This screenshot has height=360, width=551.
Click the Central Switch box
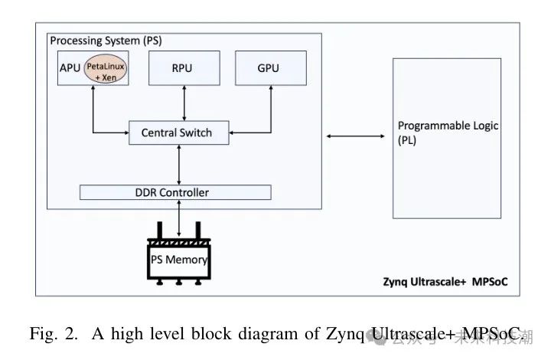pos(177,133)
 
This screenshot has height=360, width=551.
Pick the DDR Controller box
pos(175,191)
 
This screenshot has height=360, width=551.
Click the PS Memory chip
pos(178,258)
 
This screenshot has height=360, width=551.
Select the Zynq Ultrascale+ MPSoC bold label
pos(445,281)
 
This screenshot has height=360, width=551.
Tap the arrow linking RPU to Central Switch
pos(184,103)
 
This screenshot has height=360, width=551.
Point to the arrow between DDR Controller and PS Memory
pos(178,218)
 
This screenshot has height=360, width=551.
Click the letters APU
pos(70,69)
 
